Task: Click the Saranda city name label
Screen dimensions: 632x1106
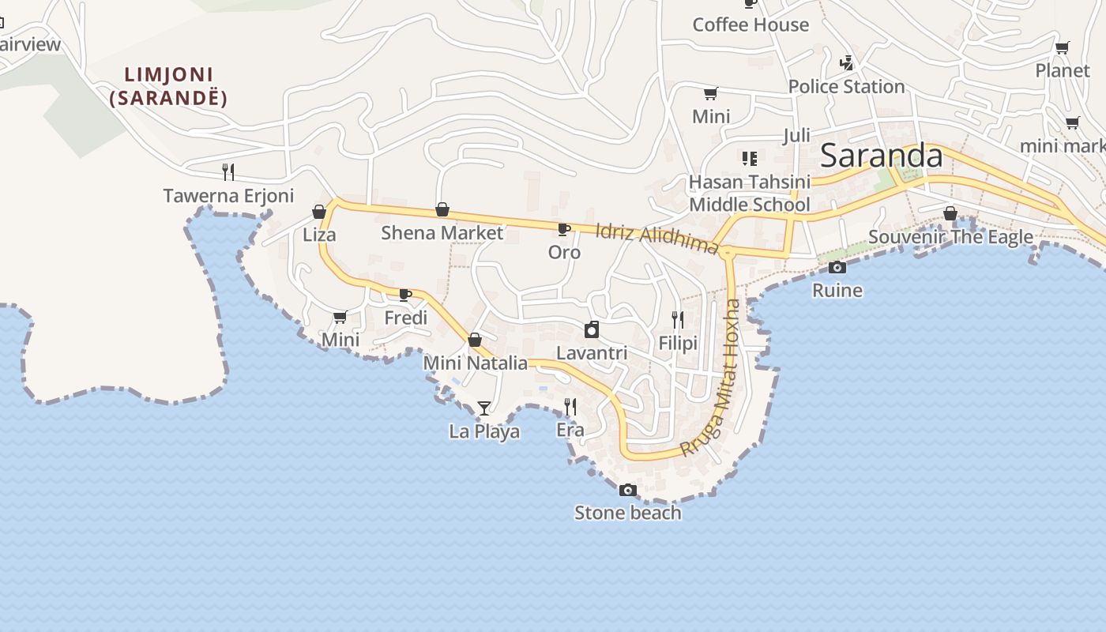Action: click(881, 156)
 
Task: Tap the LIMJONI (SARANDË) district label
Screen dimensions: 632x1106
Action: click(169, 86)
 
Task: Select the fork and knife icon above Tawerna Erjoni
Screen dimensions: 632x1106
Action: click(228, 171)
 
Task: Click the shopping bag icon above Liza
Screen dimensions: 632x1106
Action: click(319, 212)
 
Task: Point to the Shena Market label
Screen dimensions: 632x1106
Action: click(442, 233)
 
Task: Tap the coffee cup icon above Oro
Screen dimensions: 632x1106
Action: click(564, 229)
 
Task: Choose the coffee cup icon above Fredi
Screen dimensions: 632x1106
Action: click(405, 295)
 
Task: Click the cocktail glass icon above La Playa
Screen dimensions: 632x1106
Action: click(484, 408)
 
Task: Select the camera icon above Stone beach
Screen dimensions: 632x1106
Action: click(628, 490)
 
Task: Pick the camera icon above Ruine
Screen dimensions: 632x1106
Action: click(837, 267)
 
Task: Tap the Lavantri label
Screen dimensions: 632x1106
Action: click(592, 353)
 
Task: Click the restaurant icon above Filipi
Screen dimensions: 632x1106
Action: click(678, 319)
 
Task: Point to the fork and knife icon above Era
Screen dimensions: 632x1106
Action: click(570, 406)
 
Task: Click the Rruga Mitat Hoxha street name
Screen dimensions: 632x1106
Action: click(713, 378)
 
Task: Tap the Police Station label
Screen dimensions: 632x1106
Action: click(846, 87)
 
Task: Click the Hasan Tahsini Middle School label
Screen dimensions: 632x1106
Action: click(749, 194)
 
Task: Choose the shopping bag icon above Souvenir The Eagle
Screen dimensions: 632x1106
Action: click(950, 213)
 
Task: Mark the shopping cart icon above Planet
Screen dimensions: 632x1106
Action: click(1063, 47)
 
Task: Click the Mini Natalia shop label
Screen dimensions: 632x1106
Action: click(476, 363)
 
